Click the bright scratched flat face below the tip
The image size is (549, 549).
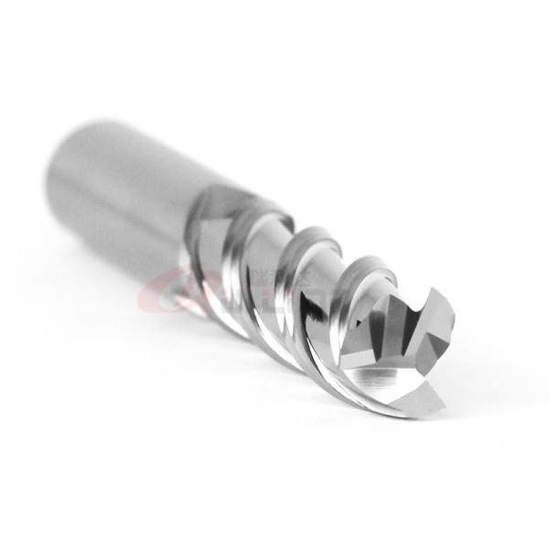coord(393,384)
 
